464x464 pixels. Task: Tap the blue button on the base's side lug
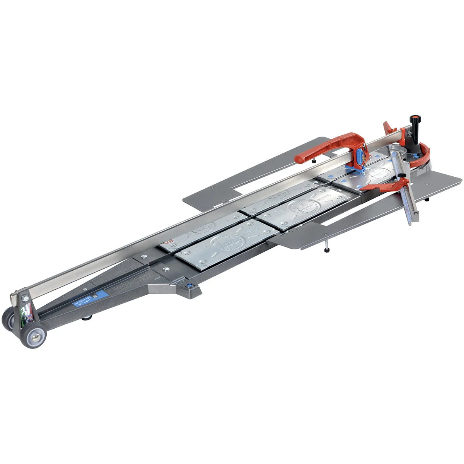click(x=189, y=286)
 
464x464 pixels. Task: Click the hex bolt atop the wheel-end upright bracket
click(x=25, y=298)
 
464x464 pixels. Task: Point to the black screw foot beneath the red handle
click(x=316, y=161)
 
